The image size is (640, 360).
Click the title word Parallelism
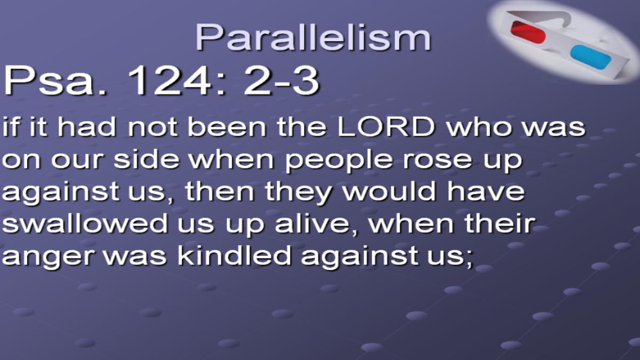pos(313,37)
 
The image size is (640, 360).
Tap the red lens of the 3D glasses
pos(528,32)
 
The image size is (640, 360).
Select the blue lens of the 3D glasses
pos(590,57)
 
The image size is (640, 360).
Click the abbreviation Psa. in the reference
pos(55,81)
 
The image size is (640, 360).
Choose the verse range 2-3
pos(281,81)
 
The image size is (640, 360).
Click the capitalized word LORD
pos(386,127)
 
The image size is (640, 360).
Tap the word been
pos(227,127)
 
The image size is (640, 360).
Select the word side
pos(146,159)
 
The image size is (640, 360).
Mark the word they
pos(298,193)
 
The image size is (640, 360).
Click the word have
pos(486,190)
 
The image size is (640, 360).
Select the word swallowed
pos(85,223)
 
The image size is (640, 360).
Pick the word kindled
pos(234,254)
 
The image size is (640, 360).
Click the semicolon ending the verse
pos(468,259)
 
